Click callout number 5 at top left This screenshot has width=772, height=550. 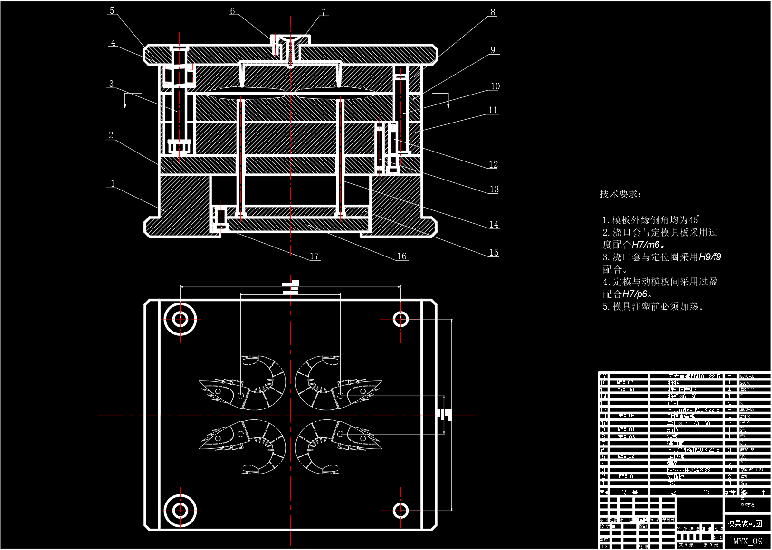112,10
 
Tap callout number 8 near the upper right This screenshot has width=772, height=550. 493,12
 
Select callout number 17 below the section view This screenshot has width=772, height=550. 315,256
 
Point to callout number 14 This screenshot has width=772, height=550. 494,224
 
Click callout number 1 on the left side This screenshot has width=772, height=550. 112,183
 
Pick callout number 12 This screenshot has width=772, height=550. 493,164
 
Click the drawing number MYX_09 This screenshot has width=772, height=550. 748,541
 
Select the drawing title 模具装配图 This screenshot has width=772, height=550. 744,523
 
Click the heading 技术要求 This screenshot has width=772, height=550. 620,194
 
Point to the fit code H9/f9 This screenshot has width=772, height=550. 710,257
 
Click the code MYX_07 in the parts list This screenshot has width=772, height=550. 625,382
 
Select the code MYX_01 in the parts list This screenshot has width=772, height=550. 625,476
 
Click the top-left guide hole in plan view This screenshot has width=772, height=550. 180,319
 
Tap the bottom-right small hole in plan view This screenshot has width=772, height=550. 400,511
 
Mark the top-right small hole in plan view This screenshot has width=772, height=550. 400,319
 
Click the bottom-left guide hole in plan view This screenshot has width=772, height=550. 180,511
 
